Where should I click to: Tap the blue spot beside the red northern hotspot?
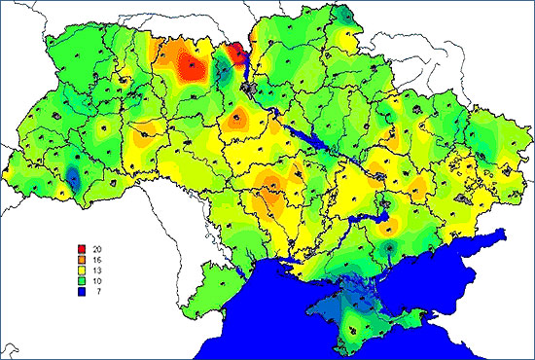(x=223, y=68)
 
